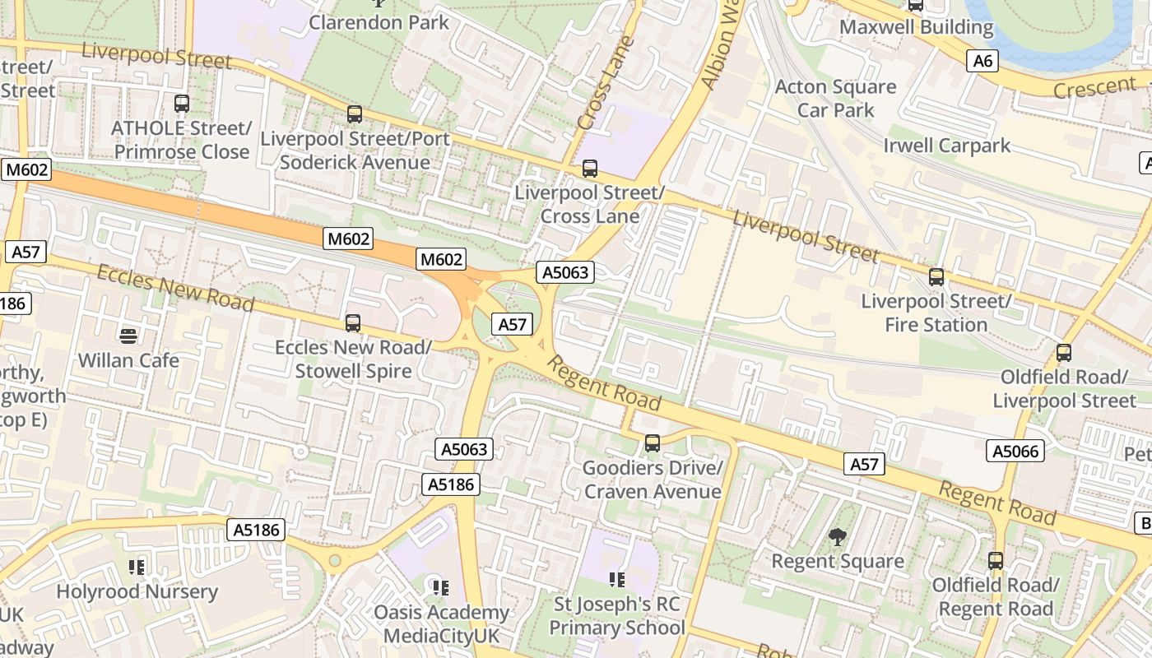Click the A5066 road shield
pos(1017,451)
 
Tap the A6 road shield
pos(983,60)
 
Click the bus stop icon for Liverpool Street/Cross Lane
pos(589,169)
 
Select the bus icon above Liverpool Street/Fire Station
pos(936,277)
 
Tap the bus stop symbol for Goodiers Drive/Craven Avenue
pos(653,443)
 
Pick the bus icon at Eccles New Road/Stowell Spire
pos(353,323)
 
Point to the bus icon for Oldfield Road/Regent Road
pos(996,561)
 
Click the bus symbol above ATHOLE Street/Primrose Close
pos(182,104)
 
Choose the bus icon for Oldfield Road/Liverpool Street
pos(1064,353)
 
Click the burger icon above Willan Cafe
pos(128,336)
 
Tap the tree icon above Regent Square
pos(838,537)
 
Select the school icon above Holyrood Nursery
pos(137,567)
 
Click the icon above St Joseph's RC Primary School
pos(617,580)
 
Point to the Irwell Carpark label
pos(946,146)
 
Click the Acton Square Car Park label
pos(835,98)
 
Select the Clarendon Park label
pos(379,22)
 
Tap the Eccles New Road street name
pos(175,288)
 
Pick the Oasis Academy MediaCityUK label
pos(441,624)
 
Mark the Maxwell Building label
pos(916,27)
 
